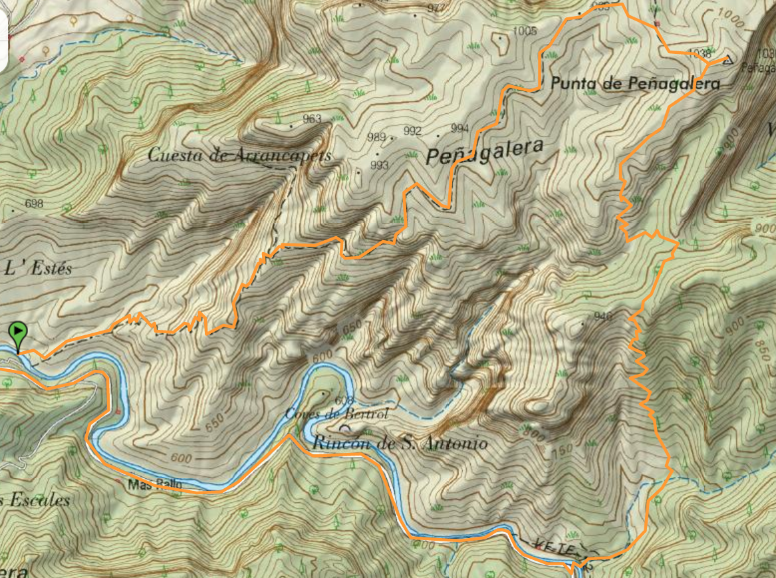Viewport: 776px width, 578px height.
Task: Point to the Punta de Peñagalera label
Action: point(635,84)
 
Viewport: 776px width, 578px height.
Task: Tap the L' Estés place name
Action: point(38,269)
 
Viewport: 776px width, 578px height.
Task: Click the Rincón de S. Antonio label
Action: point(400,443)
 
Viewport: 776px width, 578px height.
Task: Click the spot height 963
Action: point(312,119)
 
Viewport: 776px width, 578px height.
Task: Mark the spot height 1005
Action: point(525,31)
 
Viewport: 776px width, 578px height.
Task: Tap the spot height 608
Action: point(344,400)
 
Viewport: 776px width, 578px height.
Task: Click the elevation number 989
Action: point(376,137)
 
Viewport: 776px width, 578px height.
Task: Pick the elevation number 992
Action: point(412,131)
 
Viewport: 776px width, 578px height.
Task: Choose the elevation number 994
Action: point(459,128)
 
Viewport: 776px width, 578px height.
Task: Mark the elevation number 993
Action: point(379,165)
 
